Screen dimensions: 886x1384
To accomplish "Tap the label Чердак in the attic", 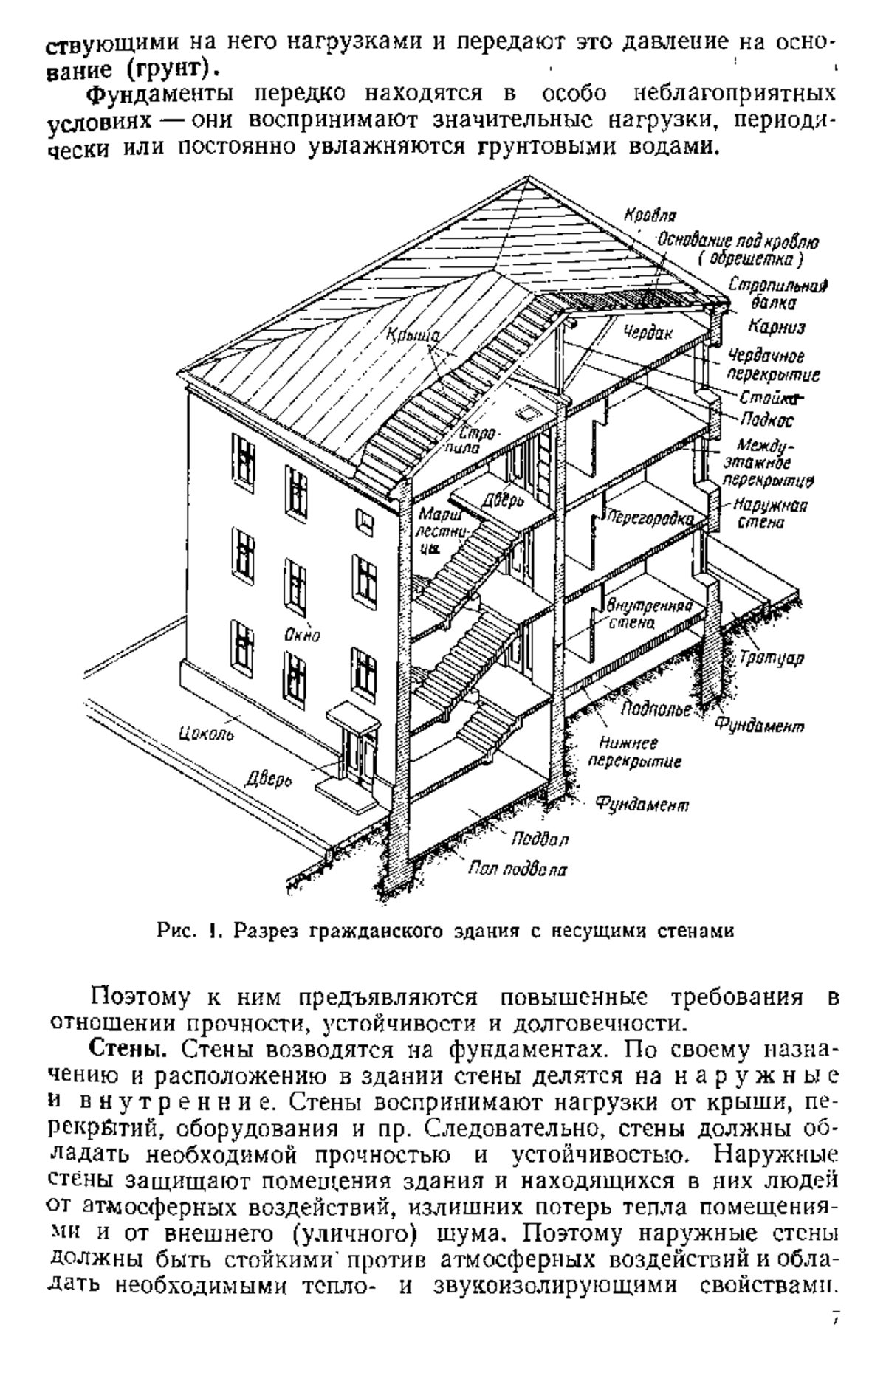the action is [x=647, y=333].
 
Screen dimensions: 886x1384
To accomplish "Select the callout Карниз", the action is [x=775, y=327].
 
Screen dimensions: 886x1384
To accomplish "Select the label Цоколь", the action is [x=206, y=733].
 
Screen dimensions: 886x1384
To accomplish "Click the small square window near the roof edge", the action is [x=365, y=519].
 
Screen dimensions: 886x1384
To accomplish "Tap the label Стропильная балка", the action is [x=777, y=293].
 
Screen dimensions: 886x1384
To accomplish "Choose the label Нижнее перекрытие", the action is [x=639, y=752].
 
